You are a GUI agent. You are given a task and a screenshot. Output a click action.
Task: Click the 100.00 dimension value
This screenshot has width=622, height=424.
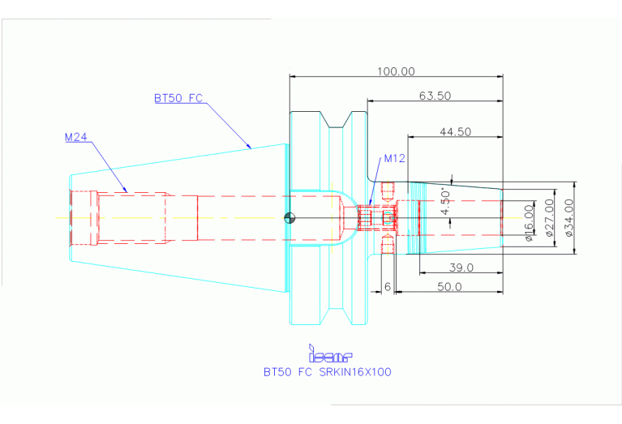[396, 71]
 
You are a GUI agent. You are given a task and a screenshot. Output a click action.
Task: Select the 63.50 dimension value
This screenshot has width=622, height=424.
[435, 96]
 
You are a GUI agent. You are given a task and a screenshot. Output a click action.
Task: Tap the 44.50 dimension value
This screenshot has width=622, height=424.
[456, 131]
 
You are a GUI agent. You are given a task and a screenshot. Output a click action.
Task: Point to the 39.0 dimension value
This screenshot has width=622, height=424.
[461, 268]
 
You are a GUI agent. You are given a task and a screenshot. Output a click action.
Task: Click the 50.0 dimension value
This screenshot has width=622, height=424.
[449, 286]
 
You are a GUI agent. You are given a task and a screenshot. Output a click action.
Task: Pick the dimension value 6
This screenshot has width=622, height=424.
[388, 286]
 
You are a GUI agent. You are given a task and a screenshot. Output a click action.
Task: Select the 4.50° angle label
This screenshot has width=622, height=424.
[446, 202]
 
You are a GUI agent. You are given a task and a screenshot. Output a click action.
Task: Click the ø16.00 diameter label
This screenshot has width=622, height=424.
[529, 223]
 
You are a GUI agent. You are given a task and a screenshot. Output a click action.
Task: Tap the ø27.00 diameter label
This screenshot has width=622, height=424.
[549, 218]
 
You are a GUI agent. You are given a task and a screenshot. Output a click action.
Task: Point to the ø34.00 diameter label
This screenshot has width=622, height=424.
[569, 218]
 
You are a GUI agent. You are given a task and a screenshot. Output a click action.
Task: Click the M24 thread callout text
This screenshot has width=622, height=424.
[75, 137]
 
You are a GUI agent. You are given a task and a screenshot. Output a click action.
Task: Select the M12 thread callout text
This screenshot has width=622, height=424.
[395, 158]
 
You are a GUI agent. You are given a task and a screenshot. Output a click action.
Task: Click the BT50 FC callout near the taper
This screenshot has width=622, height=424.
[178, 98]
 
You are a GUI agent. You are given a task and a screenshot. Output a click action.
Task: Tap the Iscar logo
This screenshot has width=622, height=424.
[330, 353]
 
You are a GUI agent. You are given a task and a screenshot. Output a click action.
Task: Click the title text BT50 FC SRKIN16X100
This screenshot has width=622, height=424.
[328, 372]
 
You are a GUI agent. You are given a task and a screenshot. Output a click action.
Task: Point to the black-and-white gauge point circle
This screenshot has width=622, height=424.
[290, 218]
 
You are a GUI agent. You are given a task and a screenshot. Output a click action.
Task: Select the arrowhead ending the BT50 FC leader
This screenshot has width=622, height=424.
[249, 146]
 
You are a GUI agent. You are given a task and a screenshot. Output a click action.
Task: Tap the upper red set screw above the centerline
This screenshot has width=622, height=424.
[387, 191]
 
